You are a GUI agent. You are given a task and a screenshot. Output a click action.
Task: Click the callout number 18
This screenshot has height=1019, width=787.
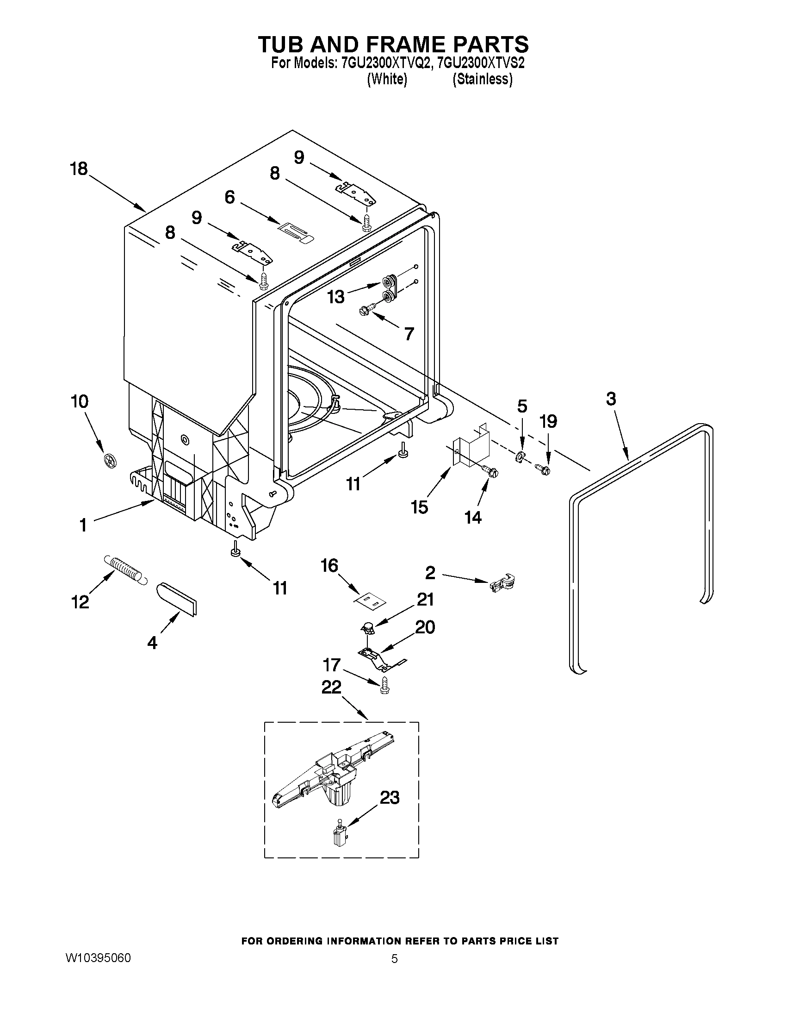pyautogui.click(x=79, y=169)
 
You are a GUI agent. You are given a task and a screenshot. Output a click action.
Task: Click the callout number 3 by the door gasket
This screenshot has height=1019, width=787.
pyautogui.click(x=611, y=399)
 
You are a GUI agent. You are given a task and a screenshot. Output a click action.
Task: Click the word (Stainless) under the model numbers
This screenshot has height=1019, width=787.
pyautogui.click(x=482, y=79)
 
